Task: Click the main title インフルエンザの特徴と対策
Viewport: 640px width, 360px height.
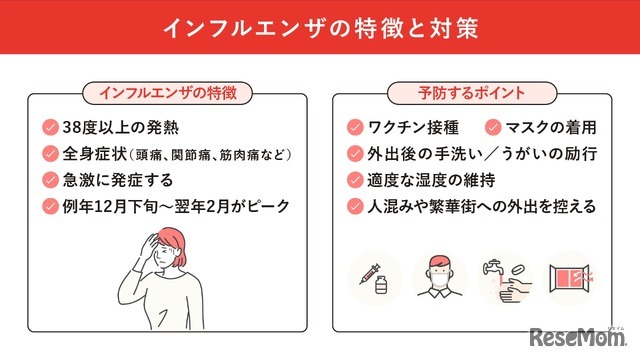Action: pos(320,27)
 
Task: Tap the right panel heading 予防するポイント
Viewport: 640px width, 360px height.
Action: pos(471,93)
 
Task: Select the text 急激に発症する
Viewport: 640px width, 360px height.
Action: pos(117,180)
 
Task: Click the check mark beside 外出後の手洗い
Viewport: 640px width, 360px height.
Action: pos(354,154)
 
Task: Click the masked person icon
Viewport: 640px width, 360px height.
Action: pos(439,277)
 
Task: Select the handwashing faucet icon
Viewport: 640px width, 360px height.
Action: pos(505,277)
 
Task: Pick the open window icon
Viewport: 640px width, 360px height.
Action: pos(571,277)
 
